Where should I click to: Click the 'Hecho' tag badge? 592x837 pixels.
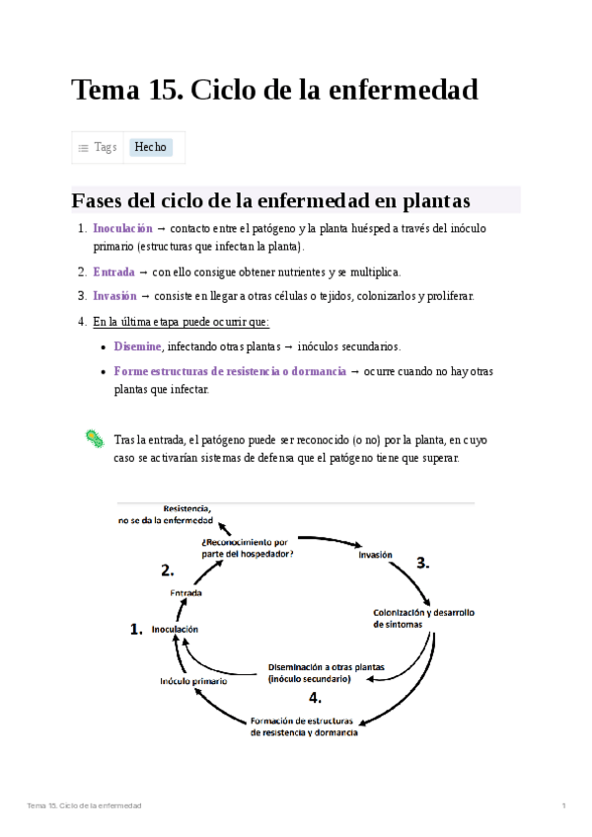coord(151,147)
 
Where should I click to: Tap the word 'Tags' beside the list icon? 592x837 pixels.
coord(106,147)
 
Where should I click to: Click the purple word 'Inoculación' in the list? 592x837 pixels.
coord(123,228)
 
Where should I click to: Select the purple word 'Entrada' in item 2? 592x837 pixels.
coord(113,271)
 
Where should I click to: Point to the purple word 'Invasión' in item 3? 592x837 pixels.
coord(114,295)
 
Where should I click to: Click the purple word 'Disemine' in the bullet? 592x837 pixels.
coord(137,346)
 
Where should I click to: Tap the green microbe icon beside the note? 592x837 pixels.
coord(94,439)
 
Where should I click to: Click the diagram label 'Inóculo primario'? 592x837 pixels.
coord(193,681)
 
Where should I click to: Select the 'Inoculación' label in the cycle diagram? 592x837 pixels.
coord(175,629)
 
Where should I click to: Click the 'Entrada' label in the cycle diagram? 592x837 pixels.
coord(186,593)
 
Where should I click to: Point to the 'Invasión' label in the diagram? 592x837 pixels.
coord(375,555)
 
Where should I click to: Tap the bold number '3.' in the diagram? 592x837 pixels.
coord(423,564)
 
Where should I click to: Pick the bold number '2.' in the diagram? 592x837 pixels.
coord(168,570)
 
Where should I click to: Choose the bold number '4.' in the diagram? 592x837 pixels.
coord(315,697)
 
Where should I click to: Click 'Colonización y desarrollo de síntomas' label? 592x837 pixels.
coord(423,618)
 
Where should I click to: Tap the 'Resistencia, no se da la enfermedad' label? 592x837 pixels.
coord(166,514)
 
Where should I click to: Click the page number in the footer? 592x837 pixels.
coord(563,806)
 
